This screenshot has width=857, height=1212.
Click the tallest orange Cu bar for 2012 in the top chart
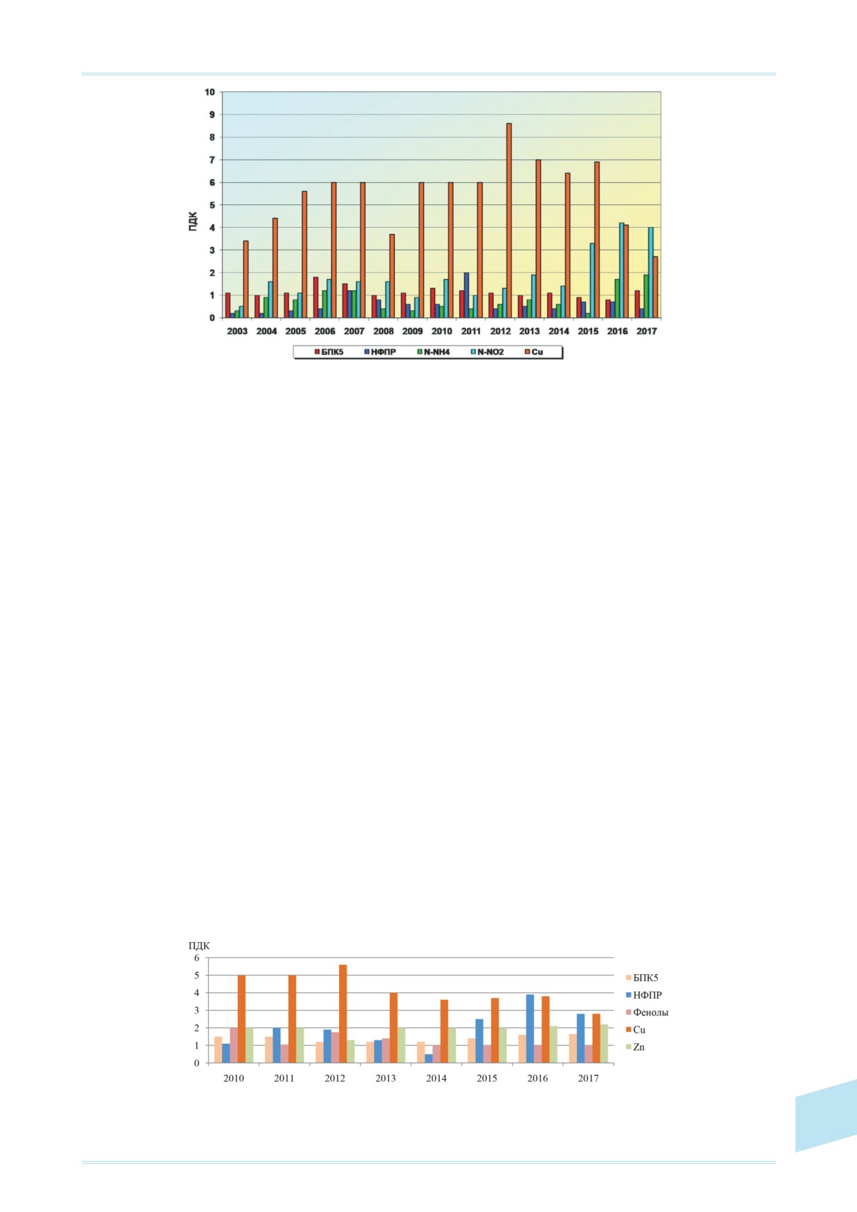(509, 221)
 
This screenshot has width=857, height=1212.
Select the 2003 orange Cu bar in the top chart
(246, 279)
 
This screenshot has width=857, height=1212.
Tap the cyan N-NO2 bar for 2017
(651, 273)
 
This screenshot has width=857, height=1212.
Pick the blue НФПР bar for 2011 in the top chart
(466, 295)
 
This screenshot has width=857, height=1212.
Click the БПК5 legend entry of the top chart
(329, 352)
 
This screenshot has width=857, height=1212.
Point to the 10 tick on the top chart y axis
(209, 91)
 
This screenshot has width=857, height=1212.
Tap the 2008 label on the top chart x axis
(383, 331)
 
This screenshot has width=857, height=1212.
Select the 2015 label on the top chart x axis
(588, 331)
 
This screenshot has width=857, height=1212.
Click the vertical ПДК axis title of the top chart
(193, 221)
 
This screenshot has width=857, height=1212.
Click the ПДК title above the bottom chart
(199, 946)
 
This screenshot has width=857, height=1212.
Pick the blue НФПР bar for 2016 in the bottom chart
(530, 1029)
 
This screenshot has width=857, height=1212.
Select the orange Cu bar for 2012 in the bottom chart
(342, 1014)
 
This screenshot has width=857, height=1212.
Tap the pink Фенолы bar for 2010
(234, 1045)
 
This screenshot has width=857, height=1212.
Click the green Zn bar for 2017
(604, 1044)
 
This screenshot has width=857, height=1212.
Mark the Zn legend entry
(635, 1047)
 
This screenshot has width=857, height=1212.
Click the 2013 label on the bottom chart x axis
(385, 1078)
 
